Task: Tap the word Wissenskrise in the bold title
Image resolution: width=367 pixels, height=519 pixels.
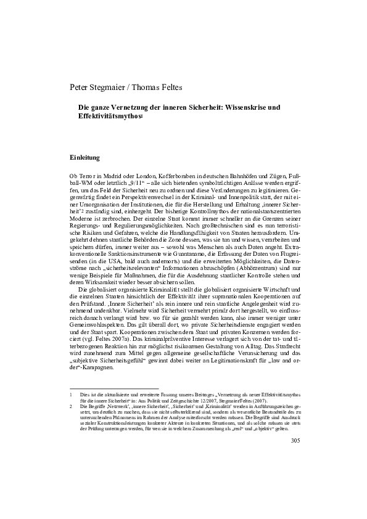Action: tap(234, 107)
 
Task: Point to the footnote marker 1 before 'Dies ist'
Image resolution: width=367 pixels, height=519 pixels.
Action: tap(72, 394)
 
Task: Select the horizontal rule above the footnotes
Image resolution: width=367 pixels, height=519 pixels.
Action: tap(114, 388)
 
